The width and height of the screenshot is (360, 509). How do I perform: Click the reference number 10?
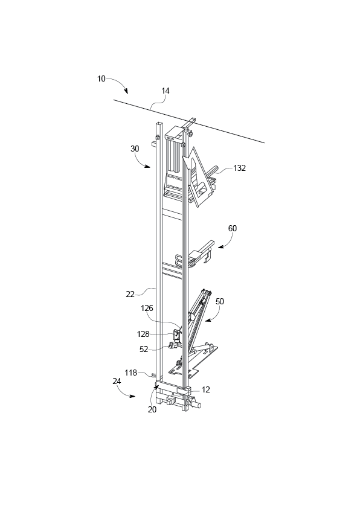(x=101, y=78)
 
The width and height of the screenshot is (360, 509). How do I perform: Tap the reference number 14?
(x=165, y=91)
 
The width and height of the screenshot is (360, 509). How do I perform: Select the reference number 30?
(x=134, y=148)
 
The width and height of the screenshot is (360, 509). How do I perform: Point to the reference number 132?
(x=239, y=168)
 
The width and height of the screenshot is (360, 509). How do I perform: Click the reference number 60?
(x=233, y=229)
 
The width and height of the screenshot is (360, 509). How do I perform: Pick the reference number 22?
(x=130, y=293)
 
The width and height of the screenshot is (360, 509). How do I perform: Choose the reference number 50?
(x=220, y=301)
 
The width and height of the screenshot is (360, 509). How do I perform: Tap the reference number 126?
(x=147, y=308)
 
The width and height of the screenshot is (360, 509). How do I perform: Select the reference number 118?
(x=130, y=373)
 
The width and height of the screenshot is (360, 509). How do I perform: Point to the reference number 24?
(x=116, y=381)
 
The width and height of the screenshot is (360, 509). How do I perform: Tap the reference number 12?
(x=206, y=389)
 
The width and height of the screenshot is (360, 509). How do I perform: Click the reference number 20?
(x=152, y=409)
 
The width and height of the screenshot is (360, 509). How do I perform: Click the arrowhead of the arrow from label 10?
(x=127, y=92)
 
